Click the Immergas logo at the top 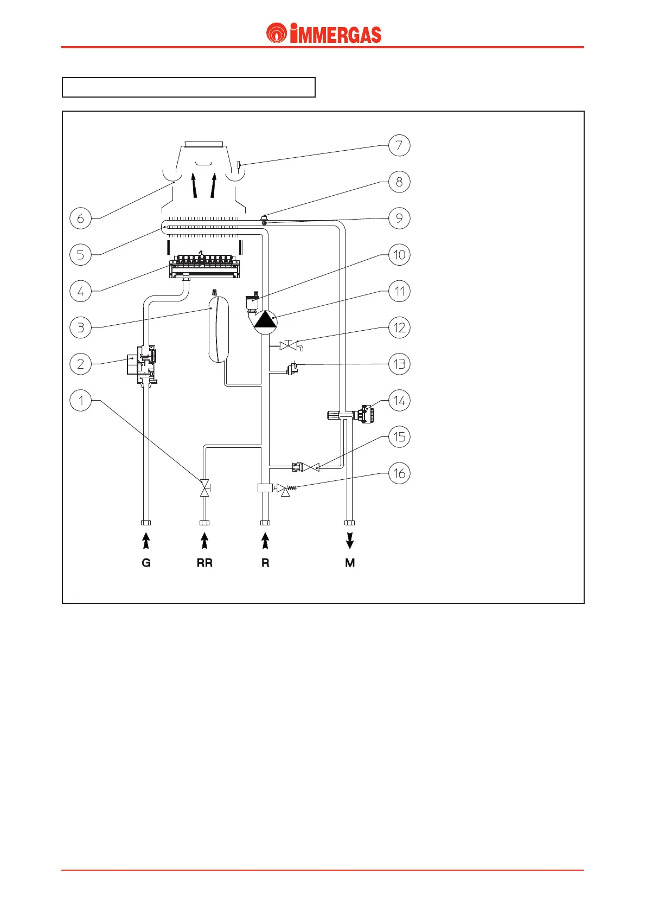(323, 34)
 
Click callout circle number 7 (399, 145)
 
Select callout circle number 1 (81, 401)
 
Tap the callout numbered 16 (399, 473)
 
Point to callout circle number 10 (399, 255)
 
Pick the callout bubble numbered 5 (81, 255)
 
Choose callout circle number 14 (399, 401)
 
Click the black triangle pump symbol (265, 319)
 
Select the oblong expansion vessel (219, 327)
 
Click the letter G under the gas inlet (146, 563)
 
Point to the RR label (204, 563)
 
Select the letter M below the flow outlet (350, 563)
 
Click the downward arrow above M (350, 540)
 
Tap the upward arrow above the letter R (265, 541)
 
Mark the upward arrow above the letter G (146, 541)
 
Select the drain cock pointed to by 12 (289, 345)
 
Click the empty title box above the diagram (189, 87)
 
